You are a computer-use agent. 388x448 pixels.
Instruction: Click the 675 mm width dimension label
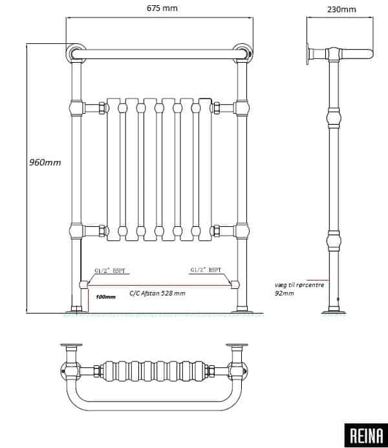pos(162,8)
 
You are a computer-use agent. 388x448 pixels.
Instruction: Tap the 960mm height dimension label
pos(45,162)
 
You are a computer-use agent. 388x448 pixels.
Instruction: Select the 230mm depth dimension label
pos(341,9)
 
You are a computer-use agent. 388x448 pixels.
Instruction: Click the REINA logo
pos(366,436)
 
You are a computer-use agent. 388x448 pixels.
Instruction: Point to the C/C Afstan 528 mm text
pos(157,293)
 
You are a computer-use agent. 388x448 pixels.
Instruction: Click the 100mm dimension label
pos(105,297)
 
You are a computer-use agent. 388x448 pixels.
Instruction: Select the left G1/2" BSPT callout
pos(110,270)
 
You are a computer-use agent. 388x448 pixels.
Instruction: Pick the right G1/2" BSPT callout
pos(206,270)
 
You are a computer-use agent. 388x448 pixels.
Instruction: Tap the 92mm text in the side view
pos(285,293)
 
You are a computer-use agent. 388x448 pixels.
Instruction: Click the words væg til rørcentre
pos(299,285)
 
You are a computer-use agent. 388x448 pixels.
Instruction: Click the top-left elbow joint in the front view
pos(76,53)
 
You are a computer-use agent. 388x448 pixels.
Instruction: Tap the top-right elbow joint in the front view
pos(242,53)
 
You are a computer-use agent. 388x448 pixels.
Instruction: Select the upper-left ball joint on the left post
pos(76,108)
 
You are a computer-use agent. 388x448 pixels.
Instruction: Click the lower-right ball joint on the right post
pos(242,231)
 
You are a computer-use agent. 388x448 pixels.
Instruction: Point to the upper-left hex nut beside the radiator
pos(102,108)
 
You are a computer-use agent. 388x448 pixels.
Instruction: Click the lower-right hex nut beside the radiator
pos(216,231)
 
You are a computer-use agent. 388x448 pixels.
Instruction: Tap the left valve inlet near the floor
pos(83,284)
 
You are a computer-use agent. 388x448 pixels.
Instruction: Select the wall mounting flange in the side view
pos(308,54)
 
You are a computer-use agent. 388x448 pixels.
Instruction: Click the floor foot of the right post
pos(242,309)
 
